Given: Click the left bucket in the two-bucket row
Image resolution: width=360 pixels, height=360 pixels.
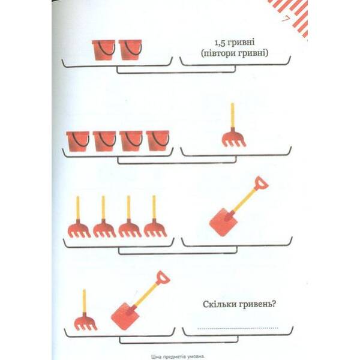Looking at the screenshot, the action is [104, 50].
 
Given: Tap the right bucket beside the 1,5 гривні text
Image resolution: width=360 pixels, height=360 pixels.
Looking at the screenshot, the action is [130, 50].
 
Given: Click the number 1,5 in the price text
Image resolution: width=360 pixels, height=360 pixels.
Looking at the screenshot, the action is [219, 43].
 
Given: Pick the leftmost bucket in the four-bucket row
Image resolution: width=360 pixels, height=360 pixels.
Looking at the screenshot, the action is [78, 142].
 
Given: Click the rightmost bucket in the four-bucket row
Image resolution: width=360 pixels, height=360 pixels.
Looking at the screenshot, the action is [158, 141].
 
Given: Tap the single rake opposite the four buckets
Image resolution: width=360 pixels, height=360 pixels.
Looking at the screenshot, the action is [234, 125].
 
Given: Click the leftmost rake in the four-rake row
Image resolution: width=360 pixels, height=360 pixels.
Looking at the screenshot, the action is [79, 217].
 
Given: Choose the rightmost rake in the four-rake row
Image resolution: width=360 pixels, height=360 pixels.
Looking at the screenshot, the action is [155, 216].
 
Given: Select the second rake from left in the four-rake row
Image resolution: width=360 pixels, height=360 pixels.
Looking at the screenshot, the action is [104, 217].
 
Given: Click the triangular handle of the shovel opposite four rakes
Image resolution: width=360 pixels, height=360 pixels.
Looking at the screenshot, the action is [262, 183].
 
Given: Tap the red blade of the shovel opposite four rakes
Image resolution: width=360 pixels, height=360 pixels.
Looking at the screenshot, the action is [223, 222].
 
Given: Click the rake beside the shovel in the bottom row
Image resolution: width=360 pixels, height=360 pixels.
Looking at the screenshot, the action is [85, 310].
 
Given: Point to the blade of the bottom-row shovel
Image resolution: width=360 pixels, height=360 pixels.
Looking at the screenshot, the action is [125, 317].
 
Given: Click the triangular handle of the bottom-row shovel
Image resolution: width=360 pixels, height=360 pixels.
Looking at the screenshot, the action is [163, 278].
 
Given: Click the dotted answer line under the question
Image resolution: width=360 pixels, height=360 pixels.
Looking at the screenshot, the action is [238, 329].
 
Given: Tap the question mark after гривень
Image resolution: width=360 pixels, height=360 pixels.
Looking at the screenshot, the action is [274, 304].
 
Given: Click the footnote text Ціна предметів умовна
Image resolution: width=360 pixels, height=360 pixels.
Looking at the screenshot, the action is [178, 357].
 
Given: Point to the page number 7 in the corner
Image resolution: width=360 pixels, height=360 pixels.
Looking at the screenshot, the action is [285, 20].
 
